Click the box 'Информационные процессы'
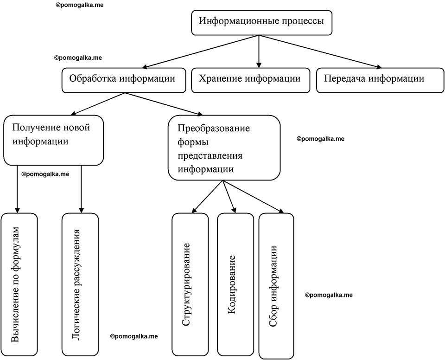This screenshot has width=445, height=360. (261, 23)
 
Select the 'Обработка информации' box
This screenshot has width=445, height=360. (124, 80)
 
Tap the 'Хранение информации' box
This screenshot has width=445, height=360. (251, 80)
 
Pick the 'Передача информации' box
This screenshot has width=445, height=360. (380, 80)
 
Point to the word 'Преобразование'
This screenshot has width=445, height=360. (214, 128)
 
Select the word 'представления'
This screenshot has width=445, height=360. (210, 156)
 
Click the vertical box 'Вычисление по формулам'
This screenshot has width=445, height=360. (19, 284)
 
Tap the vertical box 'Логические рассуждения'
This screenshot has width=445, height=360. (80, 284)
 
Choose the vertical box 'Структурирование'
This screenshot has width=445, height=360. (190, 284)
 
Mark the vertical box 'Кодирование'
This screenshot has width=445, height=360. (235, 284)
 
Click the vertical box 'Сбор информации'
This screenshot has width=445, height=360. (276, 286)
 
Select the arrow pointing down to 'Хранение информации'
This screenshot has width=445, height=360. (258, 51)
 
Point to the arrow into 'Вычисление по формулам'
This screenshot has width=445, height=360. (17, 189)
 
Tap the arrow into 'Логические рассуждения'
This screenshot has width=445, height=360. (81, 189)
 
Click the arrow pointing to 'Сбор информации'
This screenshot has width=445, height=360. (254, 196)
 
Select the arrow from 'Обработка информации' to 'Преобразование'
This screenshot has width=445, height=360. (163, 104)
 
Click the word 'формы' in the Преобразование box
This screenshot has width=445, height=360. (193, 142)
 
